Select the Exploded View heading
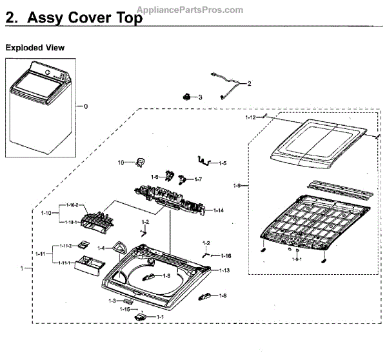point(35,48)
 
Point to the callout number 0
point(85,105)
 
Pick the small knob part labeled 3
point(187,97)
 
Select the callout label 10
point(120,162)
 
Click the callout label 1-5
point(221,163)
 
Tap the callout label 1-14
point(219,211)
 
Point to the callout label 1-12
point(251,118)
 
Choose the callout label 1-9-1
point(295,259)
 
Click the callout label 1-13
point(224,270)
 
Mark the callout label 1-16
point(225,256)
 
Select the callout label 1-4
point(101,248)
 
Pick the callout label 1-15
point(124,309)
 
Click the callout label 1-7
point(197,179)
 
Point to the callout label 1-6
point(155,177)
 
